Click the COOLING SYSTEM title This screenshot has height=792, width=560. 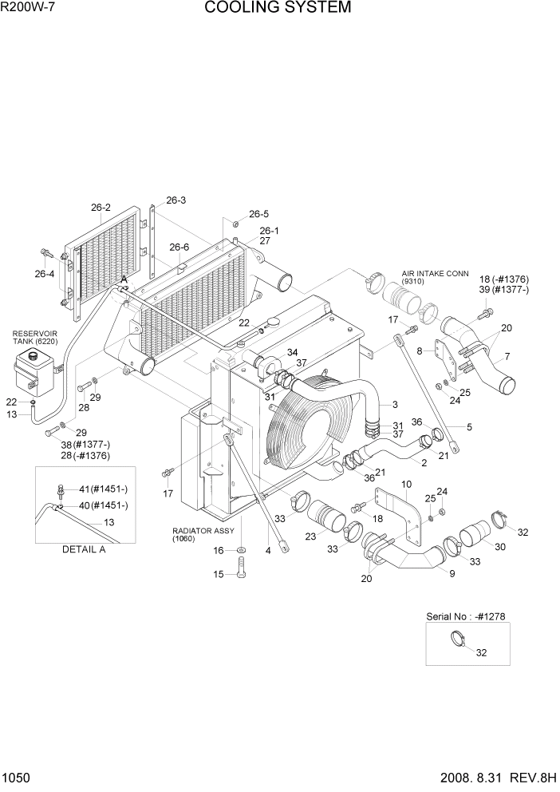[x=277, y=9]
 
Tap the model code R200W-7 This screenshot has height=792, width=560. [x=30, y=9]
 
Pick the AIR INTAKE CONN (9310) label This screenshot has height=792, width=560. [x=435, y=277]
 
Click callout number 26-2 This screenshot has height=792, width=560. [x=101, y=208]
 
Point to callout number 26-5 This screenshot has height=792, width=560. [x=258, y=214]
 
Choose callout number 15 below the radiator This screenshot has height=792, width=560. [x=218, y=574]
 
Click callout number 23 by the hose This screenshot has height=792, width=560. [x=310, y=536]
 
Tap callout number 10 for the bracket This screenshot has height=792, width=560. [x=406, y=485]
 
